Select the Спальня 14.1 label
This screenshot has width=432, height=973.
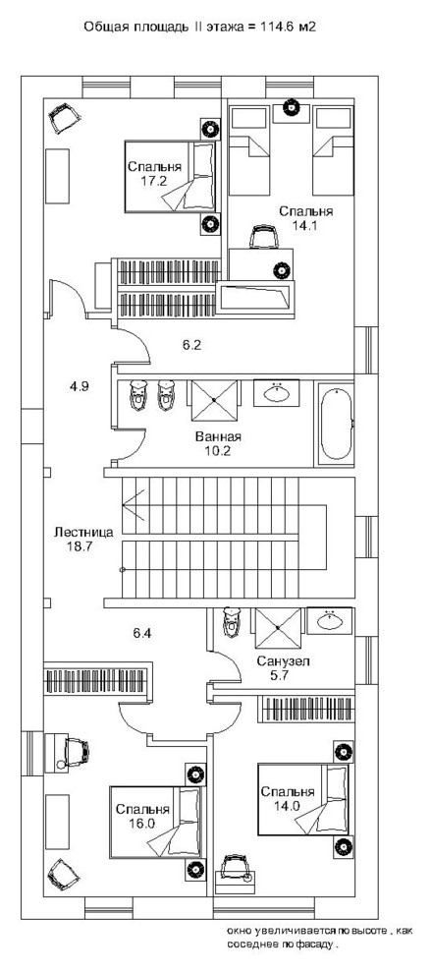tap(305, 217)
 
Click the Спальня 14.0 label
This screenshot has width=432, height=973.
tap(288, 797)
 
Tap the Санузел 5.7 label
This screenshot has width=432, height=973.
tap(283, 669)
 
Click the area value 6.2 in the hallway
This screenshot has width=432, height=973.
tap(191, 345)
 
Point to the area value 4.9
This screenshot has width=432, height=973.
tap(80, 386)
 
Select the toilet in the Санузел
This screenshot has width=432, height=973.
tap(232, 624)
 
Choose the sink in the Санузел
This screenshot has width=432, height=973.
tap(327, 621)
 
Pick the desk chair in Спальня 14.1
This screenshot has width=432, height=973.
tap(263, 238)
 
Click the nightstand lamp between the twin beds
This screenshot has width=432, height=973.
tap(291, 107)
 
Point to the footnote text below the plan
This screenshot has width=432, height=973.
tap(319, 936)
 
